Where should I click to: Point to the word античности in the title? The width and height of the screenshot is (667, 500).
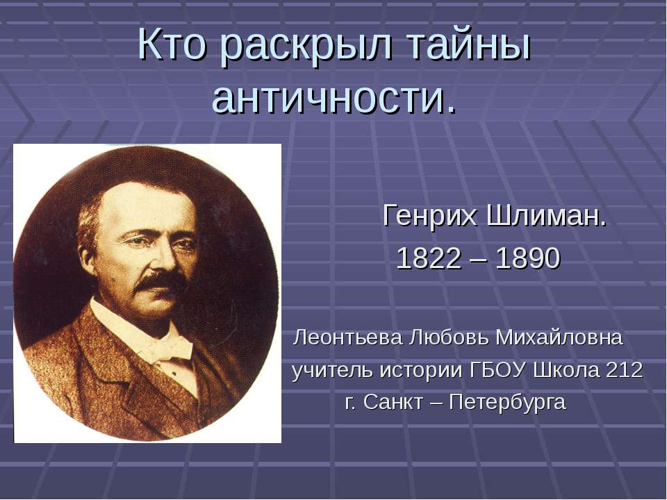click(327, 99)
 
